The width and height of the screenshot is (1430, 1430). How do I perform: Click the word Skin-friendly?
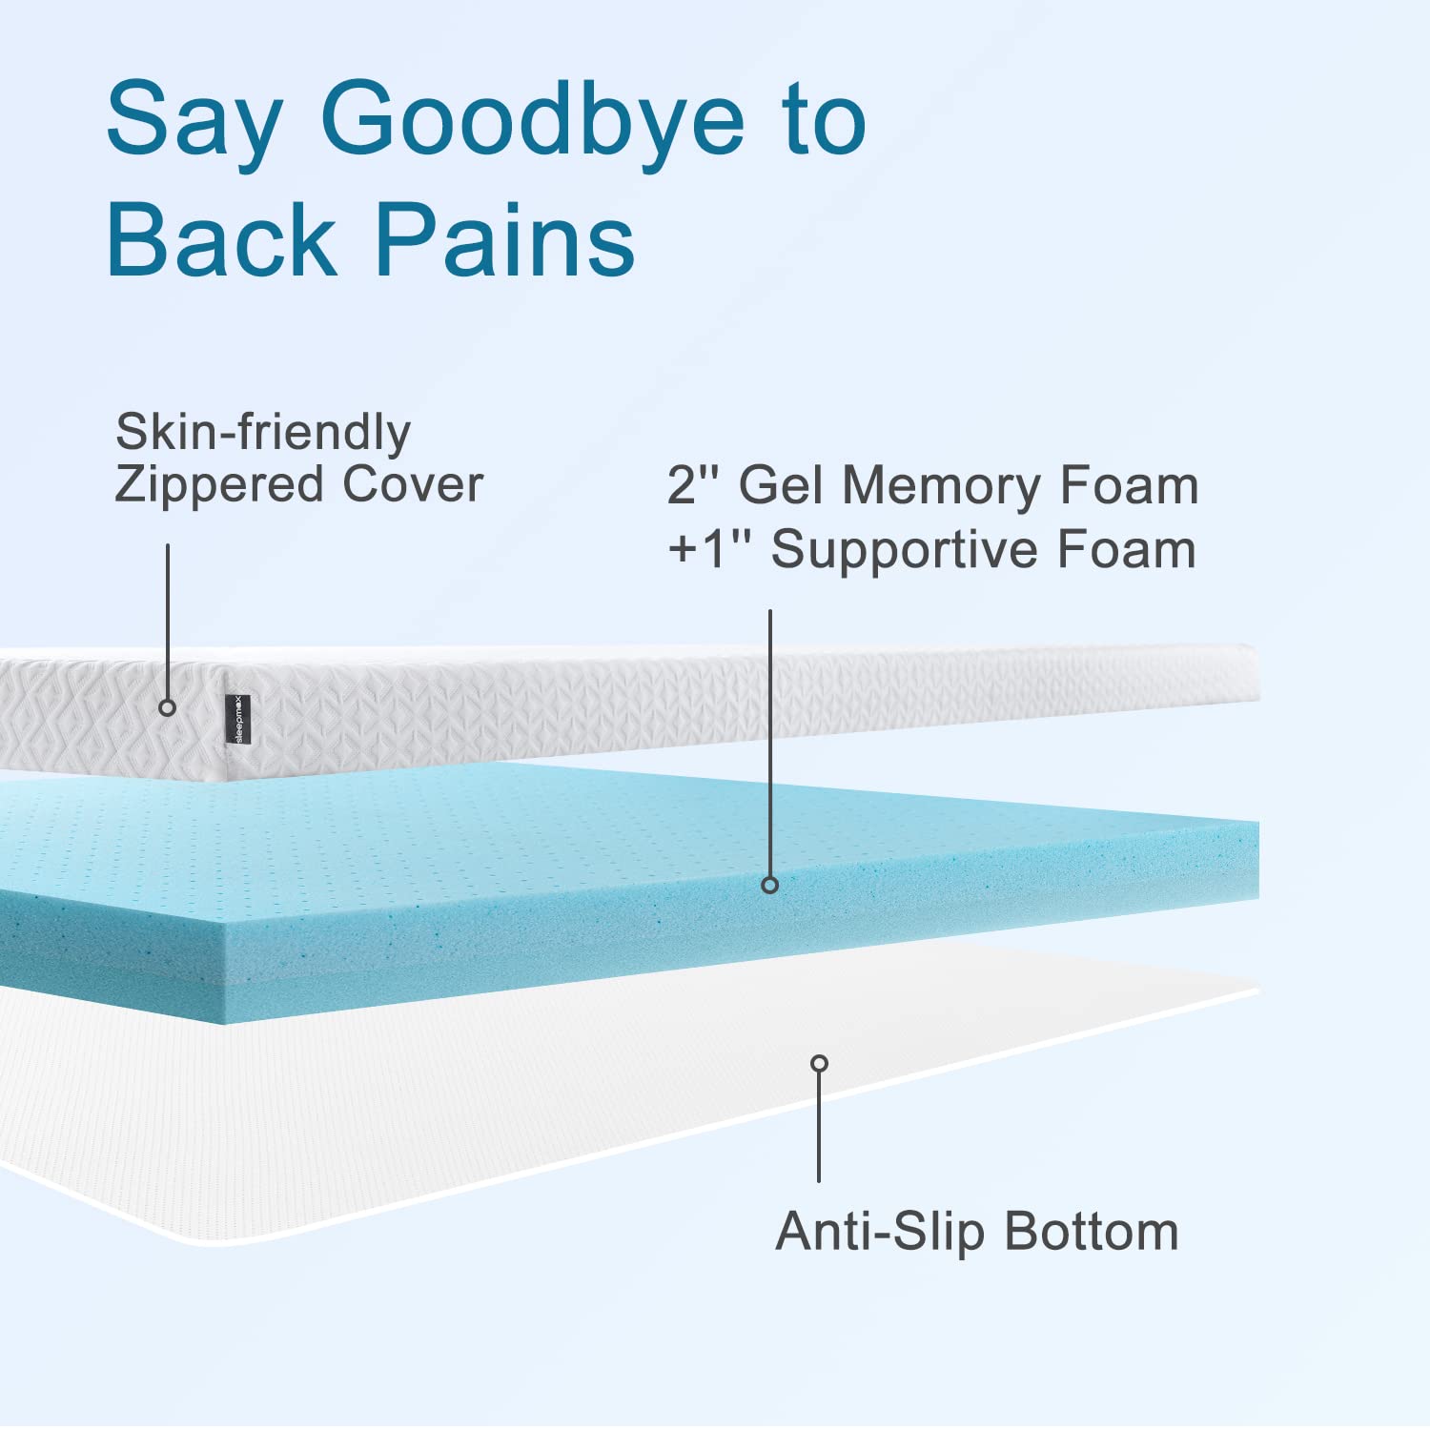pos(263,433)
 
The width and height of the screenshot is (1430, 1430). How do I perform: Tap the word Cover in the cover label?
pos(413,483)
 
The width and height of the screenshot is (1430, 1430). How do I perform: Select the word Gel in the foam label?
pos(781,484)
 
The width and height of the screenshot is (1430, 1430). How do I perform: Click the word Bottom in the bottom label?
pos(1092,1231)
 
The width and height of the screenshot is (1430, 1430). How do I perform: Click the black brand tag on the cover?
pos(238,720)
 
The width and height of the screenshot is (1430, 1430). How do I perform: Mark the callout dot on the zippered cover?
pos(168,707)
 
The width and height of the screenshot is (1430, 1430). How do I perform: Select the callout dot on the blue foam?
pos(770,885)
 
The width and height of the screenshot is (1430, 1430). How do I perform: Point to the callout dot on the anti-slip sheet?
pos(819,1063)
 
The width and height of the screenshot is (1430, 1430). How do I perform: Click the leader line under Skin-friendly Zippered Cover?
pos(168,620)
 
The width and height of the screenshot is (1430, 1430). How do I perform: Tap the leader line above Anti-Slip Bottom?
pos(819,1130)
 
